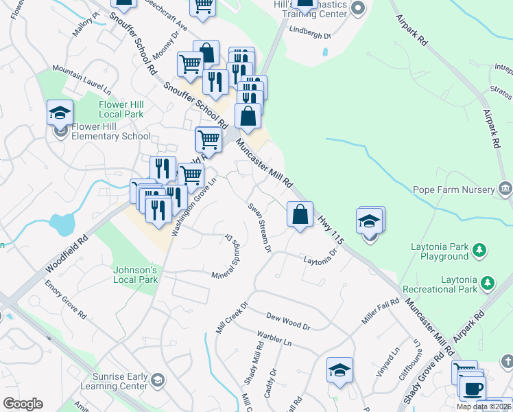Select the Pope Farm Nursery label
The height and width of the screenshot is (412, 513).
tap(453, 190)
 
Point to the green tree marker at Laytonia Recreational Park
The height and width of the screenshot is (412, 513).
tap(488, 282)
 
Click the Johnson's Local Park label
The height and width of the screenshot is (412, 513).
tap(136, 275)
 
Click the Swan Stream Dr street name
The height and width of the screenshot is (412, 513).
tap(260, 226)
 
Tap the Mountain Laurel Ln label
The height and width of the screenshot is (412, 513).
tap(81, 80)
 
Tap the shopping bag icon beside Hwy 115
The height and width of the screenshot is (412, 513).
tap(300, 214)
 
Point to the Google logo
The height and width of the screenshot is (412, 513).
tap(23, 404)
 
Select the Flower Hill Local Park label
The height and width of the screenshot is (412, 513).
tap(121, 109)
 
